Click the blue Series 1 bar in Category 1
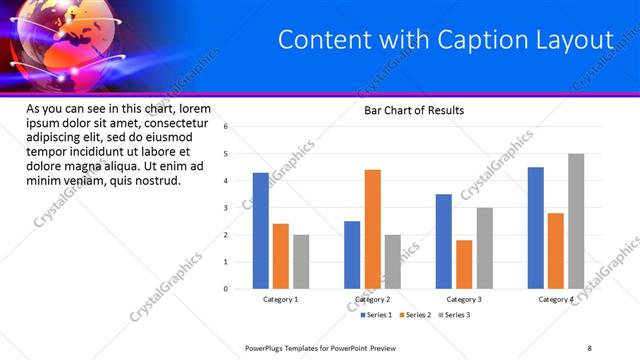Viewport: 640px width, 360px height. pyautogui.click(x=260, y=231)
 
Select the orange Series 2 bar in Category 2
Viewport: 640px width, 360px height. pyautogui.click(x=372, y=229)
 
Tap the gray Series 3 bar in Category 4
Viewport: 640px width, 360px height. pyautogui.click(x=576, y=221)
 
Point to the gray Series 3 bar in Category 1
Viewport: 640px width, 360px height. pyautogui.click(x=301, y=262)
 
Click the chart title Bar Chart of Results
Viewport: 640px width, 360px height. pyautogui.click(x=413, y=110)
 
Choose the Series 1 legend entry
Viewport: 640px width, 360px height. pyautogui.click(x=377, y=315)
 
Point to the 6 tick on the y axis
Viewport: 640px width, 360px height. pyautogui.click(x=226, y=127)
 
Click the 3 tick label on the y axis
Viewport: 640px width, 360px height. pyautogui.click(x=226, y=208)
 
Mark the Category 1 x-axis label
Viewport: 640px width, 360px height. pyautogui.click(x=280, y=299)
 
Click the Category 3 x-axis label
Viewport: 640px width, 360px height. pyautogui.click(x=464, y=299)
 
